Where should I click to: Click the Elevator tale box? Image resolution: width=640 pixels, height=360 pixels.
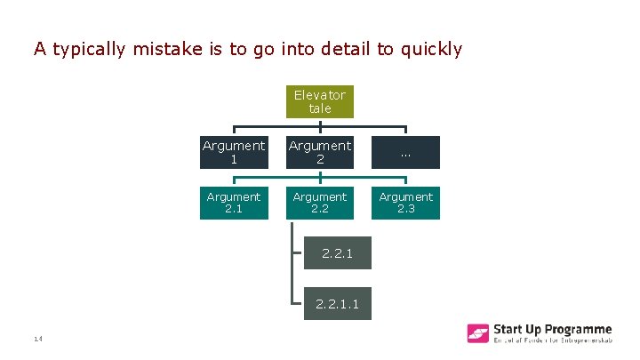(320, 100)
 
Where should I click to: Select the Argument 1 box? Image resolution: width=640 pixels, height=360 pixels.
(234, 152)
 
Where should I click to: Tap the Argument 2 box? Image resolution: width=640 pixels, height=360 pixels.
(320, 152)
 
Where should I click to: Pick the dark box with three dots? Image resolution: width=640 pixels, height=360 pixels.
(405, 152)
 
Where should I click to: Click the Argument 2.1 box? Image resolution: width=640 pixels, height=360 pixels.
(234, 203)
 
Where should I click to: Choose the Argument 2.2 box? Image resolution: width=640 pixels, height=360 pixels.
(320, 203)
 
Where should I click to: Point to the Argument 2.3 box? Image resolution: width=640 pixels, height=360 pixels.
(405, 203)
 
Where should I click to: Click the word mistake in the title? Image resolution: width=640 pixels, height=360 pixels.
(167, 49)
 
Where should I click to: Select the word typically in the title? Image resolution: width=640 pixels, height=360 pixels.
(91, 49)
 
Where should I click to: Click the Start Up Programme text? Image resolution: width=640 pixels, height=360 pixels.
(552, 329)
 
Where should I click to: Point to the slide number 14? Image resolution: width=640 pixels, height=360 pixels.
(38, 339)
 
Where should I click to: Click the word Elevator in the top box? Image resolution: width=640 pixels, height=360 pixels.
(320, 94)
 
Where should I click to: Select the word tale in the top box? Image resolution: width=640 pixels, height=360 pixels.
(320, 108)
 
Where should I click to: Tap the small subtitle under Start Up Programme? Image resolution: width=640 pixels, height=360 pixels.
(552, 342)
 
